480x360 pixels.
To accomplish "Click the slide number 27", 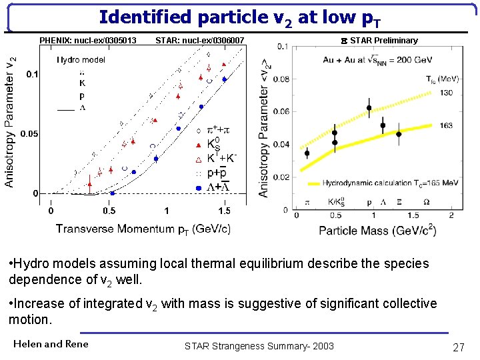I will (458, 347).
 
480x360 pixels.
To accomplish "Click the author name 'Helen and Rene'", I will (51, 344).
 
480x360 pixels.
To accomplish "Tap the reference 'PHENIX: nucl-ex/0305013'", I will (88, 41).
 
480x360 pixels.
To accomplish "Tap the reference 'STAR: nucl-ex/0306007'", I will (200, 41).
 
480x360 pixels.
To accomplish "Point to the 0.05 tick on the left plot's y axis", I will (29, 134).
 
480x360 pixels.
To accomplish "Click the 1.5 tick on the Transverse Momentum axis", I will (224, 211).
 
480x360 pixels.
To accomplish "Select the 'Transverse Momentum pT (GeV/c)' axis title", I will (143, 229).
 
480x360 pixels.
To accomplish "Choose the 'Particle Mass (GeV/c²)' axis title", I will (378, 231).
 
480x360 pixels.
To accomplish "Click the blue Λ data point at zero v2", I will (112, 193).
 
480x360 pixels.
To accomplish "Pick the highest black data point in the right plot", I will (369, 108).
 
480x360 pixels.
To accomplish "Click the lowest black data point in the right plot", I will (307, 153).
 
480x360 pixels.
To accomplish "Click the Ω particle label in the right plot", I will (426, 201).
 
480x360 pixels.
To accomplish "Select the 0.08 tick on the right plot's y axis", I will (283, 79).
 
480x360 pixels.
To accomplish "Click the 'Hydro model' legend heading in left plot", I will (81, 60).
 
